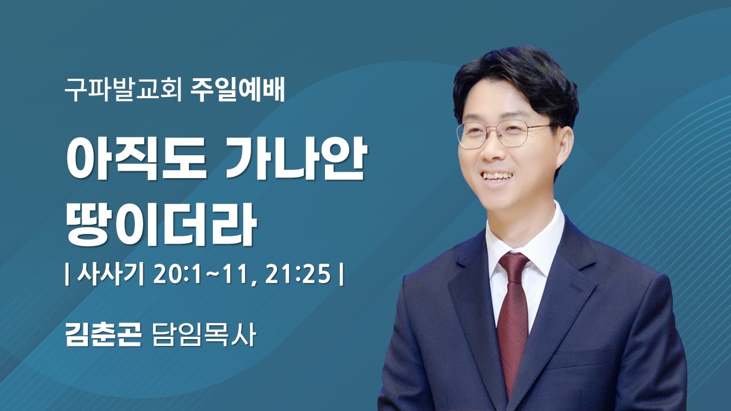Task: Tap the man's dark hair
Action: [514, 80]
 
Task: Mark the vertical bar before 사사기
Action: [68, 275]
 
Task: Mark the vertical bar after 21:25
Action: [341, 275]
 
